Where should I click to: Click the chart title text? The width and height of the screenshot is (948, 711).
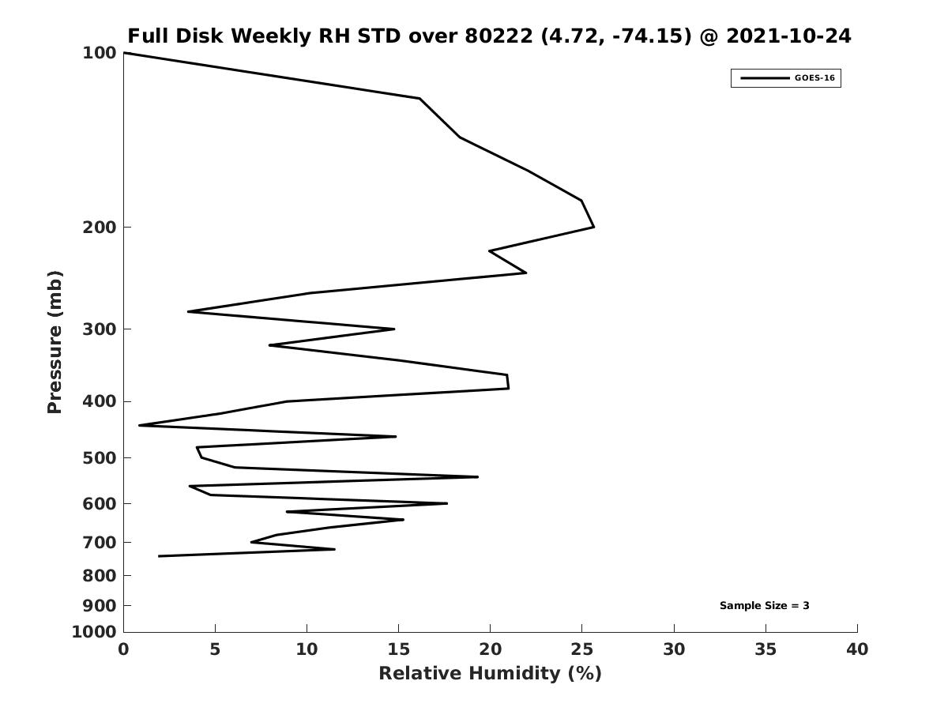click(489, 36)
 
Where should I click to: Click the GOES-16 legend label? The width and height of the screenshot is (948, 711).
click(814, 78)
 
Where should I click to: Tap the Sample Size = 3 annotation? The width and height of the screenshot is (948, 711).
click(764, 606)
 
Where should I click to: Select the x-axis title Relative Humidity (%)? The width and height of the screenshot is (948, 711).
click(490, 673)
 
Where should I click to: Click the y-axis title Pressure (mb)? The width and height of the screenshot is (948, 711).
click(55, 342)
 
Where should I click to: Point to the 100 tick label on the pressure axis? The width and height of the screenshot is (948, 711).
click(100, 53)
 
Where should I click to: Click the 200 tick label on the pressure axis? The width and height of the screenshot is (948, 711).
click(100, 228)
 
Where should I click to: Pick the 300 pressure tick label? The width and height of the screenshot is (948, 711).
click(100, 329)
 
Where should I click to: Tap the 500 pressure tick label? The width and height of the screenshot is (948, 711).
click(100, 458)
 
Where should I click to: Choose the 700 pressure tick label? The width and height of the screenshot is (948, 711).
click(100, 543)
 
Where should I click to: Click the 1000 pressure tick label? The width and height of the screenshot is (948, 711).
click(94, 632)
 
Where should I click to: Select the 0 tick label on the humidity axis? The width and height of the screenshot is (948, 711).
click(123, 649)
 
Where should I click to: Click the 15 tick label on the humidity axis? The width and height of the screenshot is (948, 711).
click(398, 649)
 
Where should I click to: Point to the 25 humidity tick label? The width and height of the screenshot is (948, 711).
click(582, 649)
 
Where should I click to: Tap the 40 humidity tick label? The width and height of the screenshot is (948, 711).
click(857, 649)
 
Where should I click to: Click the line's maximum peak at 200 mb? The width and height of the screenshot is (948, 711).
click(593, 228)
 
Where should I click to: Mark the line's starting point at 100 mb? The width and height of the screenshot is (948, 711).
click(124, 53)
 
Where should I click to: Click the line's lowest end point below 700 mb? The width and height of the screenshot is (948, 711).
click(159, 556)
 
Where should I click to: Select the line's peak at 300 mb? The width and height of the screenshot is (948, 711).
click(393, 329)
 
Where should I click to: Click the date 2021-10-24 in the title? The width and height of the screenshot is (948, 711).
click(788, 36)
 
